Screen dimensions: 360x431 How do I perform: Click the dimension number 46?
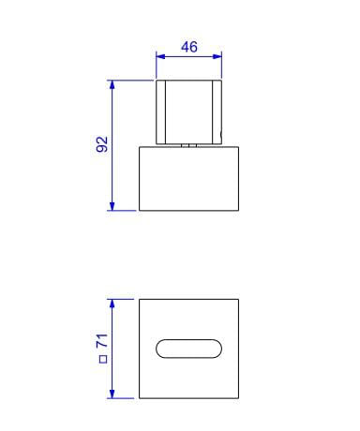click(189, 47)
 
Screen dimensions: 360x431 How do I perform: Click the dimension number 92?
click(102, 144)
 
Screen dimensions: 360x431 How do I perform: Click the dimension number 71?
click(102, 341)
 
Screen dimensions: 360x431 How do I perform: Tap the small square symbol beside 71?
click(103, 359)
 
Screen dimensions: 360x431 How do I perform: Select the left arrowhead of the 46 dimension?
click(160, 56)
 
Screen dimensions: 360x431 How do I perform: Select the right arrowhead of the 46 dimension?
click(217, 56)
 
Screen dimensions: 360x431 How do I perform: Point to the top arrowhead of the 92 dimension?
click(112, 84)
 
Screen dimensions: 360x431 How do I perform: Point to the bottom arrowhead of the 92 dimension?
click(112, 206)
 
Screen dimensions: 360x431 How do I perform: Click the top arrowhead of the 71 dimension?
click(112, 304)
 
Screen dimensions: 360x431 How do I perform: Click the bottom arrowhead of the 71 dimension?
click(112, 394)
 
